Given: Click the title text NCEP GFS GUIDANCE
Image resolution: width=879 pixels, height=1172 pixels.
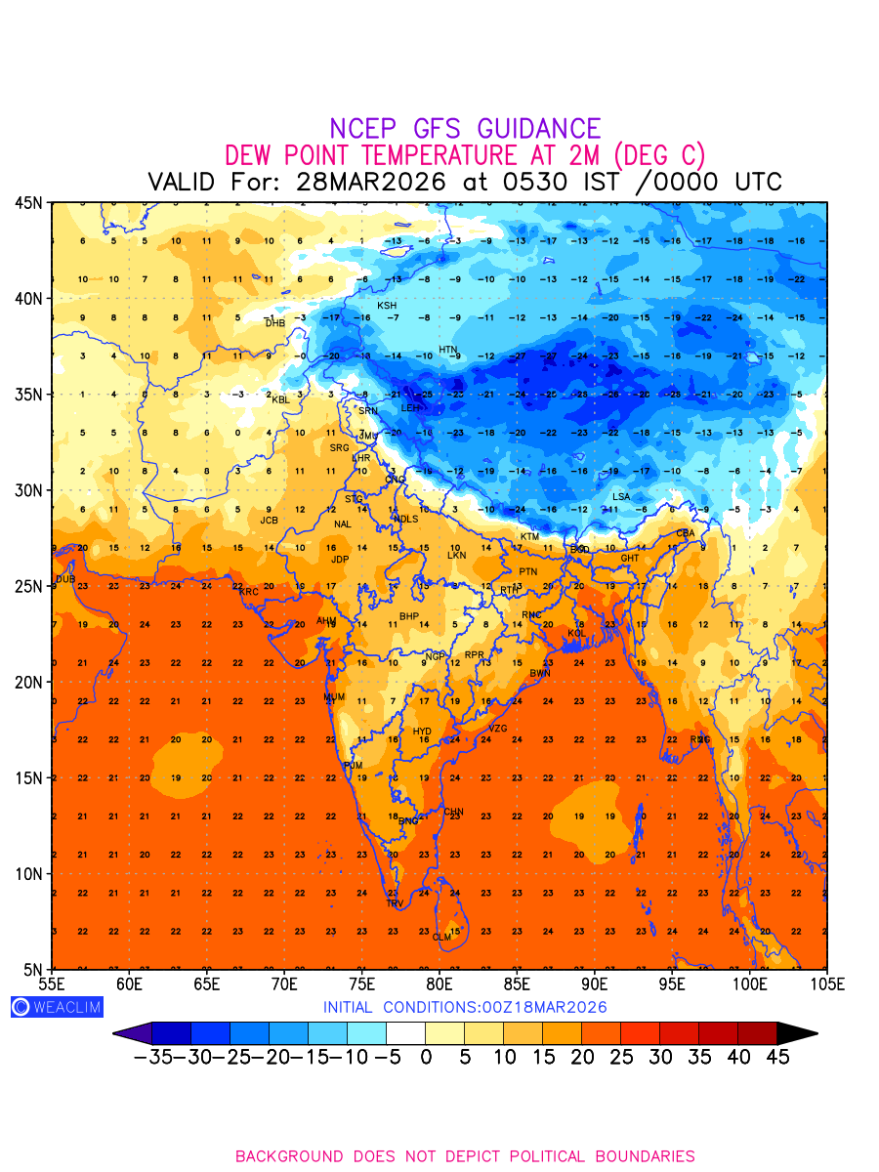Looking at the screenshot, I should (x=465, y=129).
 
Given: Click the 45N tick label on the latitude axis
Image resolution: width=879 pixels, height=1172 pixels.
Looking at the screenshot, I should (x=28, y=203).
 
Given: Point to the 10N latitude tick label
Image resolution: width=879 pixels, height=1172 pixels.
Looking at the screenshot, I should (x=28, y=873).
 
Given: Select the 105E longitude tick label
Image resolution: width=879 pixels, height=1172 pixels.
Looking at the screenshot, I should (x=826, y=983).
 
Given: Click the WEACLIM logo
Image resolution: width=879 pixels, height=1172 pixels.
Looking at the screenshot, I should (x=57, y=1007).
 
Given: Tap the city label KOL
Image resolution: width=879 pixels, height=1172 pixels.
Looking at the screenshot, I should (x=577, y=634).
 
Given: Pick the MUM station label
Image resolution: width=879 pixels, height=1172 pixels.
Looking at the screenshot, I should (x=335, y=697).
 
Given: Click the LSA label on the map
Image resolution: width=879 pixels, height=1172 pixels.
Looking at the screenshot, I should (x=621, y=497).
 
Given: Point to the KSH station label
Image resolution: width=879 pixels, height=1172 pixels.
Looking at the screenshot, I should (x=388, y=306).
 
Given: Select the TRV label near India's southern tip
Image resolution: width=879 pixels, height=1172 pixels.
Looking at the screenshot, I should (x=395, y=904).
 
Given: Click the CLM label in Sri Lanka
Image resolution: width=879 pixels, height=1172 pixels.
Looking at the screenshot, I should (x=442, y=938).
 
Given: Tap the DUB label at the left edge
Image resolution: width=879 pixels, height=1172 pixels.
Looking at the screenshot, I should (x=65, y=579).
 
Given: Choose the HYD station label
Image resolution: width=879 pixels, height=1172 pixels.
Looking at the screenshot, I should (x=422, y=732).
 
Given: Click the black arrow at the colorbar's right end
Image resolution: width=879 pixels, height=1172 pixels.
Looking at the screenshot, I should (x=797, y=1033).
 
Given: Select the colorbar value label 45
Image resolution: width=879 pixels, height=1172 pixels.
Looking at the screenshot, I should (x=776, y=1058).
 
